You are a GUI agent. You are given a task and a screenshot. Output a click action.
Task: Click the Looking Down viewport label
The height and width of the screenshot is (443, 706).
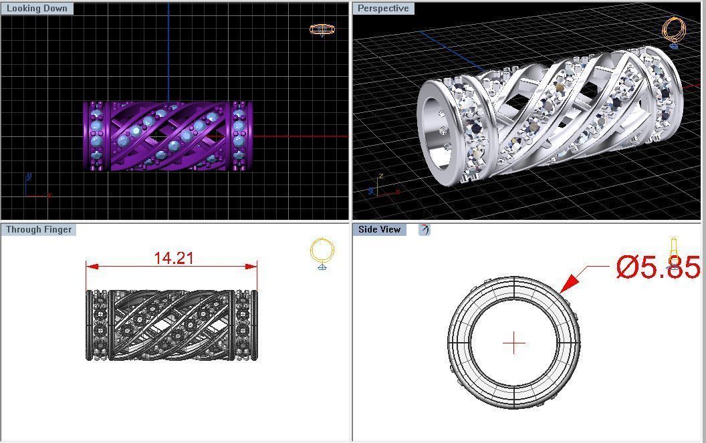click(x=37, y=9)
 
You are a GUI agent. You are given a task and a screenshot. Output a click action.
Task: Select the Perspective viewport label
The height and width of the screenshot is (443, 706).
click(x=383, y=9)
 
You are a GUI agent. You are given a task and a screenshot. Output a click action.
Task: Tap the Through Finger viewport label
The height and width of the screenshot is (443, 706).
click(x=38, y=229)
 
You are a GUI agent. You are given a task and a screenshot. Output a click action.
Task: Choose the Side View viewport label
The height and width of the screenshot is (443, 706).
click(x=379, y=229)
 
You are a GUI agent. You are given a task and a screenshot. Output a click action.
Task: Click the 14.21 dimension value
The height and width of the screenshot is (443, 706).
click(x=174, y=258)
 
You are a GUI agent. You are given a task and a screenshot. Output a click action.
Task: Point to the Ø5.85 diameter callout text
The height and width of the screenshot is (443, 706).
click(x=658, y=267)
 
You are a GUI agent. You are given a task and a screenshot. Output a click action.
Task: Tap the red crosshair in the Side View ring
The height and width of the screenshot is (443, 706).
click(x=513, y=343)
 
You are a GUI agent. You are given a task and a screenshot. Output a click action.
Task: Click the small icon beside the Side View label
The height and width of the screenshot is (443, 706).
click(x=424, y=229)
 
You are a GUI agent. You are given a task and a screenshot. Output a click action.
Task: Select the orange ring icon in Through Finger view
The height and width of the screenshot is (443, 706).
click(x=322, y=253)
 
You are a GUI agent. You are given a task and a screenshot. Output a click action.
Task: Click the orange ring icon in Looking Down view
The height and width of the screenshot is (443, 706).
click(x=322, y=29)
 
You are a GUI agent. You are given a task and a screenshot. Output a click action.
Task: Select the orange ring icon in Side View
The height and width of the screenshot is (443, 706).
click(x=674, y=253)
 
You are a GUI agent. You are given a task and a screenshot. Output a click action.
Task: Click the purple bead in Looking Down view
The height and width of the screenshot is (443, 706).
click(x=168, y=136)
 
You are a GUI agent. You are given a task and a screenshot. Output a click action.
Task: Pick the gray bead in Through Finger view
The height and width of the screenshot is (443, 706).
click(x=171, y=325)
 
